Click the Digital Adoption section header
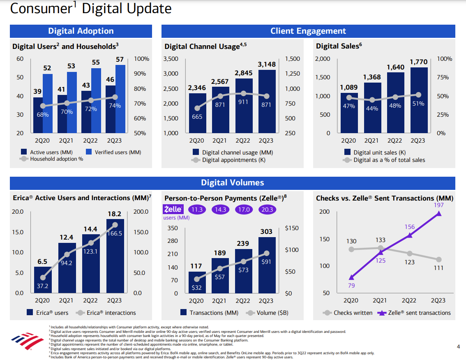click(81, 31)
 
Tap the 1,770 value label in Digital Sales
click(418, 62)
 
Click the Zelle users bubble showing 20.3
click(266, 210)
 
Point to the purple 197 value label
click(438, 205)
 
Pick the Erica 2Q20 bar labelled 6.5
click(42, 279)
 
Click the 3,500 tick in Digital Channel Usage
click(171, 59)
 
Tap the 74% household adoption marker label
click(115, 106)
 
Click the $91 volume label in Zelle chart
click(266, 262)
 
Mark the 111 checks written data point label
click(438, 268)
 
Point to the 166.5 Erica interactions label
click(114, 233)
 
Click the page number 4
click(459, 346)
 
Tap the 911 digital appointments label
click(243, 102)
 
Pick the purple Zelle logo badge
click(173, 209)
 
